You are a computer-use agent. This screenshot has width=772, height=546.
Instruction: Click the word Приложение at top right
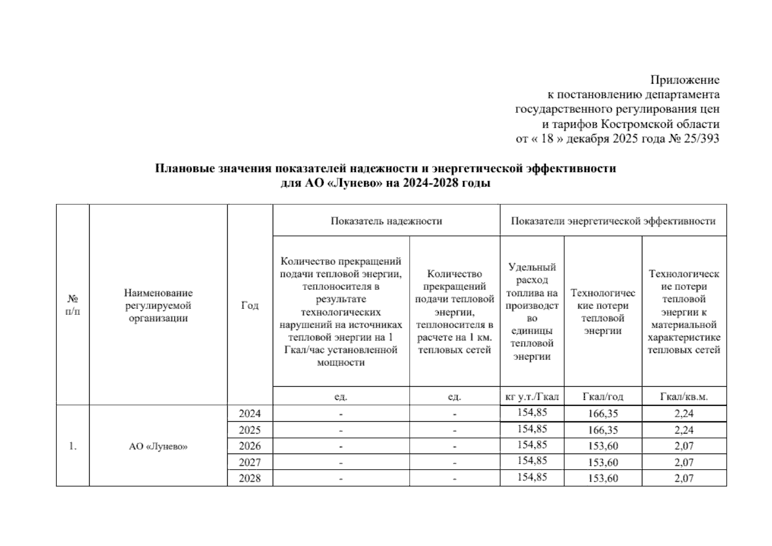685,80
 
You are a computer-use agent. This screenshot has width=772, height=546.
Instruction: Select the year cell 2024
250,414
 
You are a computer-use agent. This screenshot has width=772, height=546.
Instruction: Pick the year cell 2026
250,446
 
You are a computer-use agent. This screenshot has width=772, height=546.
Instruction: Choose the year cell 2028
250,478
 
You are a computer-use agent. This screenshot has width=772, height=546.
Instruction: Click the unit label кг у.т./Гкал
532,396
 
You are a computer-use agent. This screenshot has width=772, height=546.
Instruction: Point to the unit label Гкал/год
603,396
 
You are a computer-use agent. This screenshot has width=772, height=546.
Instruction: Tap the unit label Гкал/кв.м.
684,396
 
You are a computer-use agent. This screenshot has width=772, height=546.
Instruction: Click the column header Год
250,305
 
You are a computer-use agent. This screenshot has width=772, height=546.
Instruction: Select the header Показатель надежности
386,221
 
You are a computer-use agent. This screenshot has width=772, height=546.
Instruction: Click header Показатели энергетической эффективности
613,221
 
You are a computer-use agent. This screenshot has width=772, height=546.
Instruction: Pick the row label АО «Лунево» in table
158,446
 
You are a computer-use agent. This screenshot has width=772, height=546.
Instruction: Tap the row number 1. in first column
73,446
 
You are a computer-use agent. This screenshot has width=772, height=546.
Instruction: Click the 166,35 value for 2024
603,414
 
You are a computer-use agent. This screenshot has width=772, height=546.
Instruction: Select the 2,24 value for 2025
684,430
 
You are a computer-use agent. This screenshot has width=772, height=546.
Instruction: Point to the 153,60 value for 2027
603,462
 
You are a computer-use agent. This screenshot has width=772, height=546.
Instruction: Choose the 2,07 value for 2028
684,478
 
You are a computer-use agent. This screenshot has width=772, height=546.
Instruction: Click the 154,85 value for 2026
532,445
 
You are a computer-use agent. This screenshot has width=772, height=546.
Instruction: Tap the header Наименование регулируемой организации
158,305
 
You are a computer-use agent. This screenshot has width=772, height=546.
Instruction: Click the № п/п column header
73,305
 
